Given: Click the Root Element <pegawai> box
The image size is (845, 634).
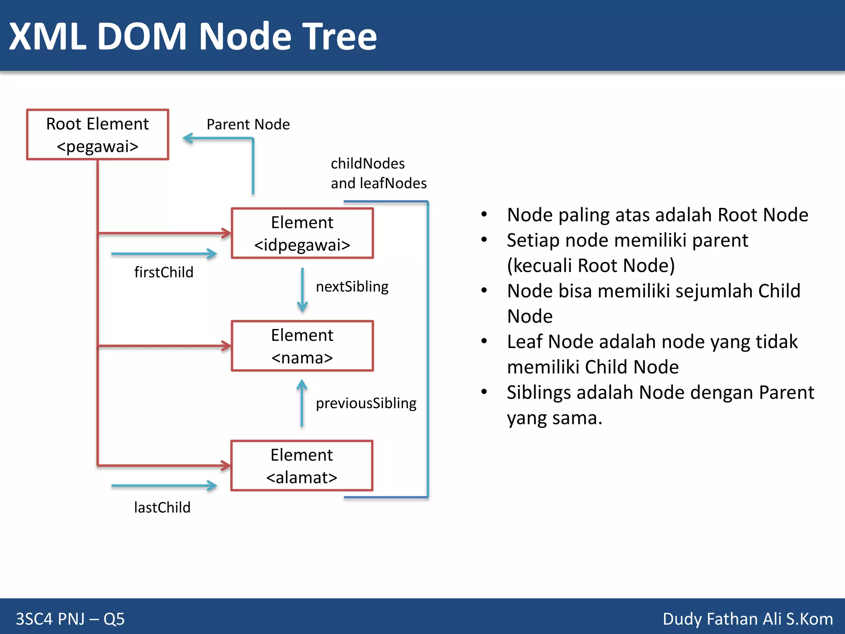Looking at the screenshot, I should pos(97,135).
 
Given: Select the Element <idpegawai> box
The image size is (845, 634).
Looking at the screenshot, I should pos(302,233).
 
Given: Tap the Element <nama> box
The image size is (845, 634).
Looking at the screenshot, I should pos(302,346).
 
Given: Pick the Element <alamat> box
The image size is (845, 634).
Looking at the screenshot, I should pos(302,466).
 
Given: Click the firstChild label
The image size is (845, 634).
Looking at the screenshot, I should pos(163,272).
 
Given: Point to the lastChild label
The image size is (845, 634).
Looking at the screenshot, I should pos(162,507).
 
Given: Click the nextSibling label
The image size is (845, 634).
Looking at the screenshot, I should pos(352,286).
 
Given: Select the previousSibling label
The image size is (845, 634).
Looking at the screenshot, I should pos(366,403).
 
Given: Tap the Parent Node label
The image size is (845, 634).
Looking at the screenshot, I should pos(248,124).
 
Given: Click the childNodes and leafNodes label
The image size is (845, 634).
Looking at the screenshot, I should pos(378,173).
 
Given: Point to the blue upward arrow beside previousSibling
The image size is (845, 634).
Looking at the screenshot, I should pos(302,403).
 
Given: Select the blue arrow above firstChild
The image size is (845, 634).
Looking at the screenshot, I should pos(164,254).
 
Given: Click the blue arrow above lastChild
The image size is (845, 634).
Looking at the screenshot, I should pos(164,486).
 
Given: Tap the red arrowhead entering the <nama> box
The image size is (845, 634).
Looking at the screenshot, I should pos(226,346).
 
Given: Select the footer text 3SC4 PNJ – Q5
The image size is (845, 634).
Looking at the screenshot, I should pos(70,619).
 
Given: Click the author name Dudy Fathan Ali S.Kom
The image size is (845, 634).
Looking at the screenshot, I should pos(747,619).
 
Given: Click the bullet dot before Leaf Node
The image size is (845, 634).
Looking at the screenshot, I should pos(484,341).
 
